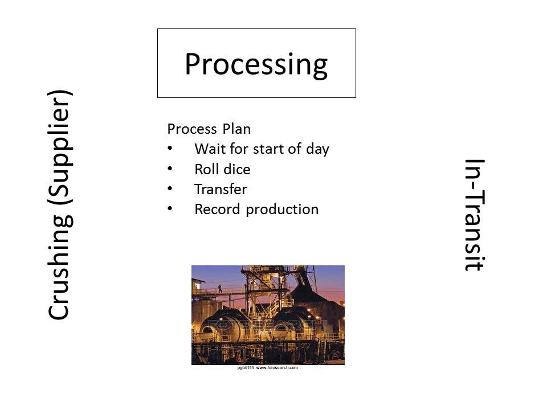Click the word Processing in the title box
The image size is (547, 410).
point(256,64)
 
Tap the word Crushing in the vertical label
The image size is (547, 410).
point(59,266)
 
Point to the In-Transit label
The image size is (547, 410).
point(475,215)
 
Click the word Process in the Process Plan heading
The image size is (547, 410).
point(192,129)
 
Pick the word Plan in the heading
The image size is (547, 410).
point(236,129)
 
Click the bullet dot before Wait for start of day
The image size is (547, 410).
point(170,148)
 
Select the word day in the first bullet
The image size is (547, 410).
point(317,149)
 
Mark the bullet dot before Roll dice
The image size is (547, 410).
point(170,169)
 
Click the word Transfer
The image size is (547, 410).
point(221,189)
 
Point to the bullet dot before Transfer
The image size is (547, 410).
point(170,188)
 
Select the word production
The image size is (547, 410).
point(282,210)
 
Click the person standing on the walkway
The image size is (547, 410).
point(220,289)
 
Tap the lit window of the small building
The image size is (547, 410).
point(198,286)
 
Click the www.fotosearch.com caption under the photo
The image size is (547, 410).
point(277,367)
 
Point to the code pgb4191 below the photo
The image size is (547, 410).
point(245,367)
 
